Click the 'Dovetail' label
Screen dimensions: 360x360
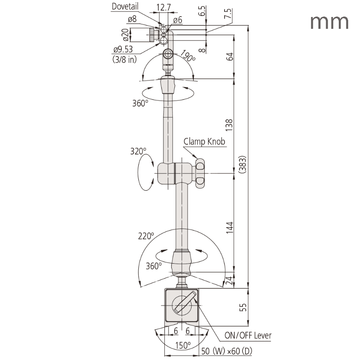tap(125, 6)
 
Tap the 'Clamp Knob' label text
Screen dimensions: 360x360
tap(204, 142)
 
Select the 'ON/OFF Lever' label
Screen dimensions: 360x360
tap(248, 336)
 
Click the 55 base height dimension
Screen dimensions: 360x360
tap(243, 308)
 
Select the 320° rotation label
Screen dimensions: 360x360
tap(138, 151)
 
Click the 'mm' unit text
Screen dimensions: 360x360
tap(329, 21)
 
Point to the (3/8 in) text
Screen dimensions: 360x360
tap(124, 59)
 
